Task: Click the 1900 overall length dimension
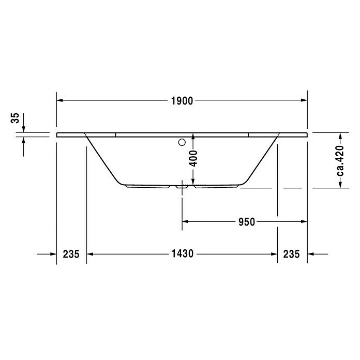click(x=182, y=101)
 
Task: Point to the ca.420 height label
click(x=340, y=160)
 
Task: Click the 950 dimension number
click(x=246, y=222)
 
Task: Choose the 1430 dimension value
click(x=182, y=254)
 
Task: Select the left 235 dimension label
click(x=71, y=254)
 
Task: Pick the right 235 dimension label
click(x=292, y=254)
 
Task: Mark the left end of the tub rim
click(x=56, y=134)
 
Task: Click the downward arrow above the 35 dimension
click(x=24, y=128)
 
